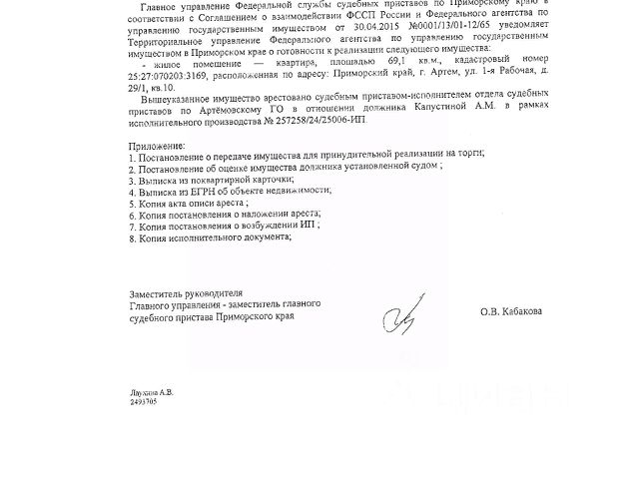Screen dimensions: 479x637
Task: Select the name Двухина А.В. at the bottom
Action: coord(151,392)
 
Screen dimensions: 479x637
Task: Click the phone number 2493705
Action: coord(144,401)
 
